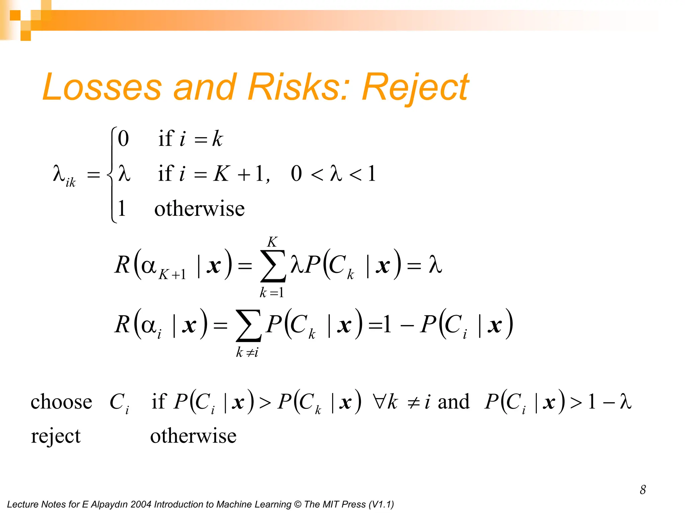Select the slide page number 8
click(643, 490)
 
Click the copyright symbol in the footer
click(297, 504)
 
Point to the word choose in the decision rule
click(61, 401)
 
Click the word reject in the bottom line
click(56, 436)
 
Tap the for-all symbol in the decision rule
click(380, 401)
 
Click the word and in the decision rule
click(453, 401)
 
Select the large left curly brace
click(112, 174)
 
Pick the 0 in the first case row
click(123, 139)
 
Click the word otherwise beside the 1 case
click(199, 209)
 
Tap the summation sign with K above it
click(273, 266)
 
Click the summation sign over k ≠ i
click(248, 326)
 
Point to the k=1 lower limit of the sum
click(272, 293)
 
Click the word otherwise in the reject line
click(193, 436)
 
